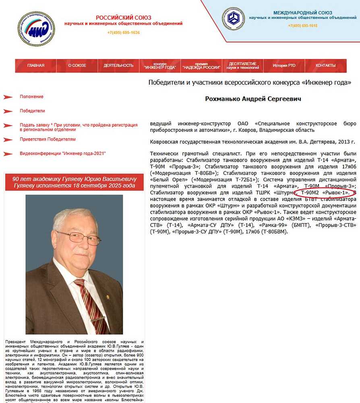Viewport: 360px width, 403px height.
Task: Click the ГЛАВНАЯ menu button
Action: [x=36, y=66]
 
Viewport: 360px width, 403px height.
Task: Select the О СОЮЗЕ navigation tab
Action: [x=77, y=66]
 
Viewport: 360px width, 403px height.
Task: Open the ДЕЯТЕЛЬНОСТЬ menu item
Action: [x=118, y=66]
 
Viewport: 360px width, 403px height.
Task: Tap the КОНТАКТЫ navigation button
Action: [x=325, y=66]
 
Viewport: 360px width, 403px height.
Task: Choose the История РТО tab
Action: [x=284, y=66]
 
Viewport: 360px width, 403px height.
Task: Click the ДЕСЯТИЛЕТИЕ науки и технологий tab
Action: [x=242, y=66]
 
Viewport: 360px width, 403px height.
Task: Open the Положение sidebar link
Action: [x=31, y=97]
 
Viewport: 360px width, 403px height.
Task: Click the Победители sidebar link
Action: [x=32, y=111]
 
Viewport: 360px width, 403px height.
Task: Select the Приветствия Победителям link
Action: [x=48, y=139]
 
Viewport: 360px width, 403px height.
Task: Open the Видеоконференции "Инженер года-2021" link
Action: [x=63, y=154]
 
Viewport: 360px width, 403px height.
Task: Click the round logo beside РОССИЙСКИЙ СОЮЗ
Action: [x=36, y=29]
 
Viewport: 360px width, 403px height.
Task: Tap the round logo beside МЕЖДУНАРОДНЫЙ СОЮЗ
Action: [x=233, y=19]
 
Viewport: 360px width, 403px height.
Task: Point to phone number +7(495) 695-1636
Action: [x=123, y=33]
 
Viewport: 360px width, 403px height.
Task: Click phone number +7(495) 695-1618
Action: [x=302, y=26]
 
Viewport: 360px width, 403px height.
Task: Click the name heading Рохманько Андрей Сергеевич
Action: [x=253, y=99]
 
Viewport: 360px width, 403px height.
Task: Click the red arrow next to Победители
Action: [x=8, y=111]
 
